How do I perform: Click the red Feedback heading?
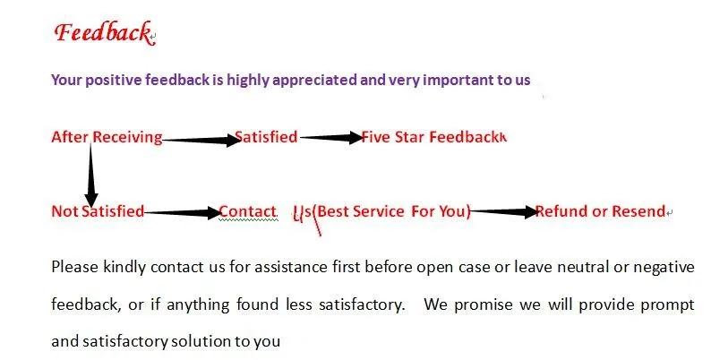tap(101, 33)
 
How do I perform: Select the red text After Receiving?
tap(107, 137)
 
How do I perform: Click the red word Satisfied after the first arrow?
tap(266, 137)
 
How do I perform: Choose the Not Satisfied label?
tap(98, 211)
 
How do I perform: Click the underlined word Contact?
tap(247, 211)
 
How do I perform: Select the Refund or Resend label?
tap(600, 211)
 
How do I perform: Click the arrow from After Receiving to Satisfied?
tap(199, 139)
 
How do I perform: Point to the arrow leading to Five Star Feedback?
tap(330, 138)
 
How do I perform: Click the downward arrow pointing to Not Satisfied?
tap(90, 175)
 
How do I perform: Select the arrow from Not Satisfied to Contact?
tap(182, 213)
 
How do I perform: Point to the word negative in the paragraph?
tap(664, 266)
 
